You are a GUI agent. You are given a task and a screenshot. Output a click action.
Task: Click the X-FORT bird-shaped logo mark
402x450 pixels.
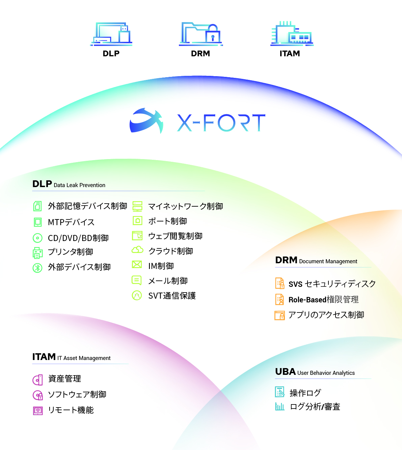[x=146, y=121]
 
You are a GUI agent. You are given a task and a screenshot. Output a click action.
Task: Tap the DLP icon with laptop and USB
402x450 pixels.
[x=111, y=34]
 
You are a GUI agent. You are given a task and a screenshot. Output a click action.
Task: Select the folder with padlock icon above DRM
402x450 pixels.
[x=200, y=34]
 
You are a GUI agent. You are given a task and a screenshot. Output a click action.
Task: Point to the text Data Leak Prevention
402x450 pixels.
[x=79, y=185]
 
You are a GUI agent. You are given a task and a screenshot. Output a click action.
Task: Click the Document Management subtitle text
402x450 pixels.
[x=328, y=262]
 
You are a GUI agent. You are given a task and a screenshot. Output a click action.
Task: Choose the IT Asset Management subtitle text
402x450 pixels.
[x=84, y=358]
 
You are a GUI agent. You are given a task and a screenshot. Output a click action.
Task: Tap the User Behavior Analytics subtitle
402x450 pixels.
[x=326, y=373]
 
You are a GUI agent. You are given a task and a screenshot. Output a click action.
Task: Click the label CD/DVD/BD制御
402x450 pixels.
[x=78, y=238]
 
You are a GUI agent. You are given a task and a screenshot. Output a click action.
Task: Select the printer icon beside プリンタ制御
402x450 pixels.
[x=37, y=253]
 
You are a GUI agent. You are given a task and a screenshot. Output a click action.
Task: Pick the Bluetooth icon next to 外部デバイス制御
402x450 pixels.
[x=37, y=268]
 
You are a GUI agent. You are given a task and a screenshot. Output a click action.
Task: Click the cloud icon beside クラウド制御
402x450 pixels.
[x=137, y=250]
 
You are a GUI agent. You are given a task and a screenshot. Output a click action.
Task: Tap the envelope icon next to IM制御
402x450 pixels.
[x=137, y=265]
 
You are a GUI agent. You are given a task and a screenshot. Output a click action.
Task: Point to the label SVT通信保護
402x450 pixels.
[x=172, y=296]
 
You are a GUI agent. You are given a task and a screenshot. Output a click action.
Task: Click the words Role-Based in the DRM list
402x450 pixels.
[x=307, y=300]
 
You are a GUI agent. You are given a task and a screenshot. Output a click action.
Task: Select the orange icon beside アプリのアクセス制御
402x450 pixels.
[x=279, y=315]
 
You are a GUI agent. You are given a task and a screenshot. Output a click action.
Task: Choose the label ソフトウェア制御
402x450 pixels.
[x=77, y=394]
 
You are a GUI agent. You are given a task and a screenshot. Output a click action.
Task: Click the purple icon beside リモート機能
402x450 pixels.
[x=38, y=411]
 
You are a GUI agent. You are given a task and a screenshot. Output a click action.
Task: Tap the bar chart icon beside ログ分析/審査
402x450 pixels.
[x=279, y=407]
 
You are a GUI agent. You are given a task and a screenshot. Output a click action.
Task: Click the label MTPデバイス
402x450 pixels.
[x=71, y=222]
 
